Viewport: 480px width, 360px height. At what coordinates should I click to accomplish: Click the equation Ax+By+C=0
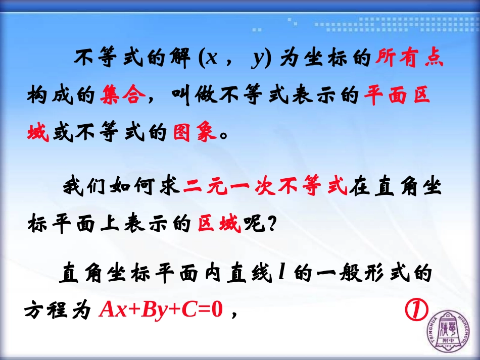161,309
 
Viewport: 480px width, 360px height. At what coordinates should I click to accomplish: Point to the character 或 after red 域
62,132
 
